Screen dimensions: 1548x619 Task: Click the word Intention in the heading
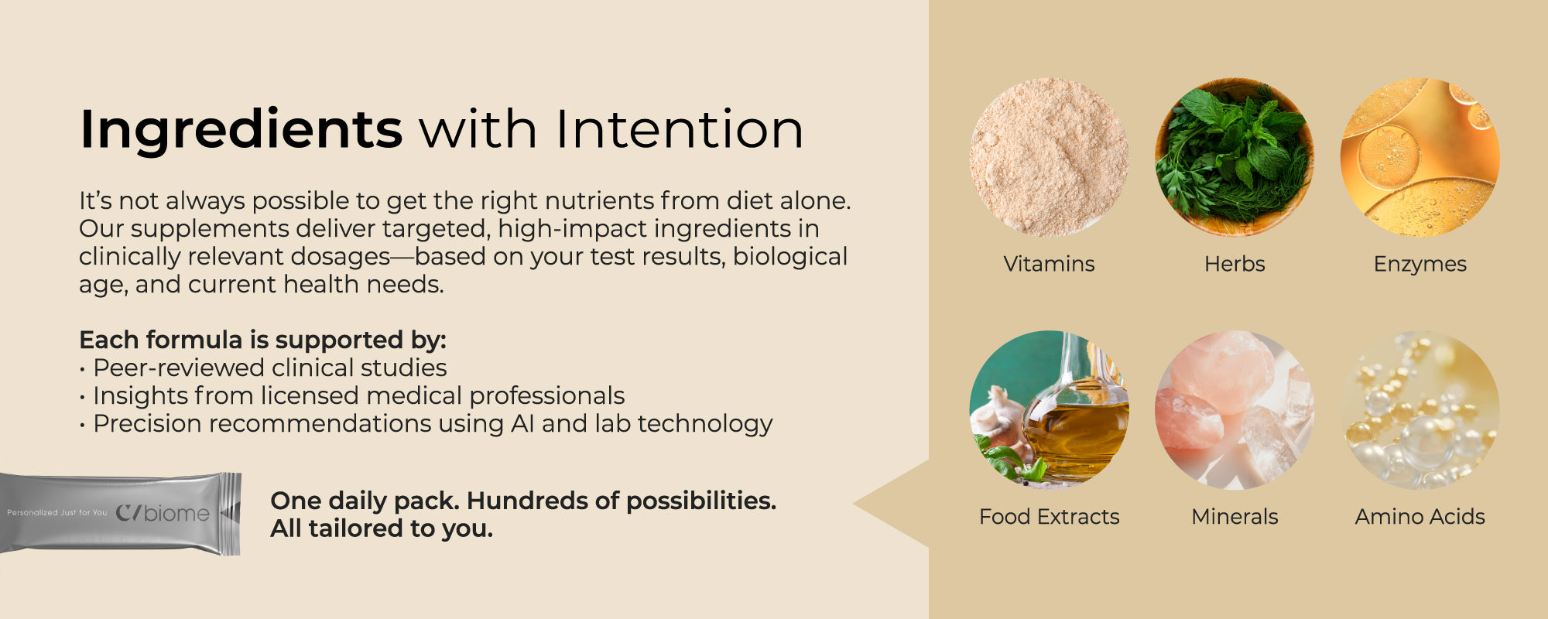680,128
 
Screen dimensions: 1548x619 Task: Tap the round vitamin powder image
1049,157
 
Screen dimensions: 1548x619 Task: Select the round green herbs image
1235,157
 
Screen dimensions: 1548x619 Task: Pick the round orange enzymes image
1420,157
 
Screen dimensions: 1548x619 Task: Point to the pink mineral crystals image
1235,410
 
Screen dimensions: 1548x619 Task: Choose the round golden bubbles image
1420,410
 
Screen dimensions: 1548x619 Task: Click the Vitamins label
1049,264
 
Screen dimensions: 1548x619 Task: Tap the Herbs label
1235,264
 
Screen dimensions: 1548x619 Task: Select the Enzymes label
1420,265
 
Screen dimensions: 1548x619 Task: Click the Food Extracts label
1049,516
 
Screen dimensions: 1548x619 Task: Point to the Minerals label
1235,516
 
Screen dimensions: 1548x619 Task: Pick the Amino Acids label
1420,516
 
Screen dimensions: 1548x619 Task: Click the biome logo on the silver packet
163,513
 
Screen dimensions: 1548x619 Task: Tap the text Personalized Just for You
57,512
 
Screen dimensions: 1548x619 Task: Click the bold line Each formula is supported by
262,340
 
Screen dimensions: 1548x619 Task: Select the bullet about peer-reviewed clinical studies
263,368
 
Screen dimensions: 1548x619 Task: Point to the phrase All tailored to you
382,528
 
